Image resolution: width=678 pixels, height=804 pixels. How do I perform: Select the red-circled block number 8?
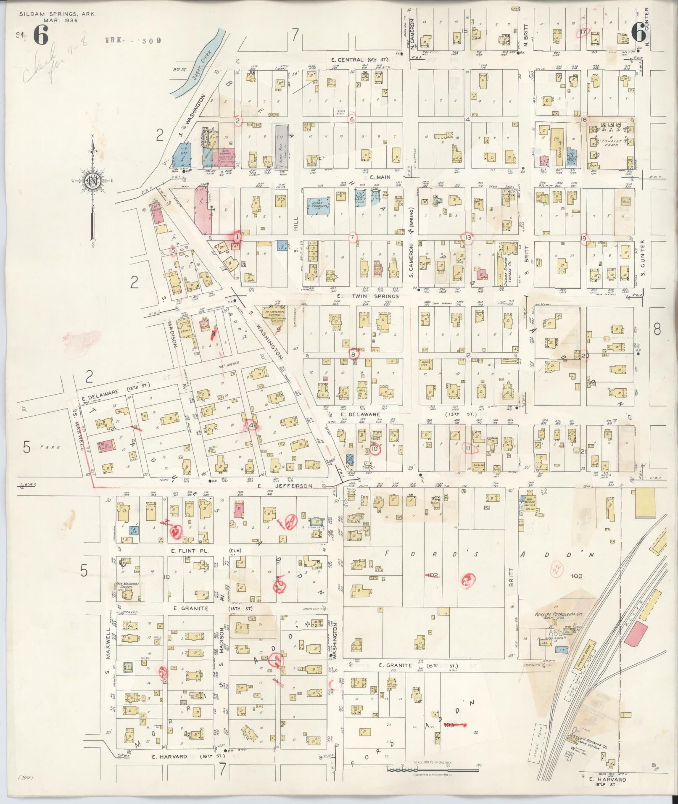(x=354, y=354)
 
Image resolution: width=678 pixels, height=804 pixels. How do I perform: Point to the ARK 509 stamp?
(x=132, y=41)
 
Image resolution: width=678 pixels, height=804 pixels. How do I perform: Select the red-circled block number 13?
(x=468, y=237)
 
